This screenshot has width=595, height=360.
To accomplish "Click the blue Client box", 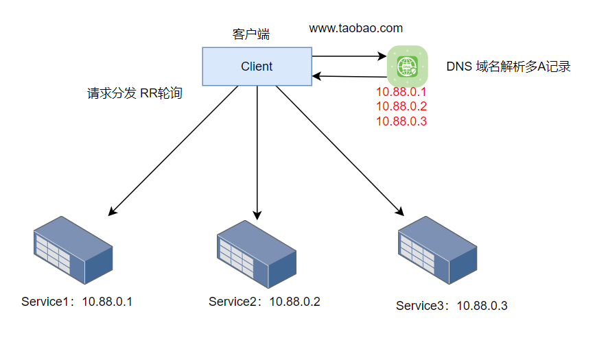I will [x=257, y=67].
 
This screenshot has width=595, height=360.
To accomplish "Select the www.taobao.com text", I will [x=355, y=28].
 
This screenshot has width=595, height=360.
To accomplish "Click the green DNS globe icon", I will [x=407, y=66].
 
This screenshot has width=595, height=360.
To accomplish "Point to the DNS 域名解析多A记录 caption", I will [x=509, y=67].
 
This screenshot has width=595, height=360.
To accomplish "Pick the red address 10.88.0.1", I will [x=401, y=92].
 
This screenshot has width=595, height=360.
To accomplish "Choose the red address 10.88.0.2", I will [x=401, y=106].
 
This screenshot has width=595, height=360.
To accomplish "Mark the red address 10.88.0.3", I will [x=401, y=121].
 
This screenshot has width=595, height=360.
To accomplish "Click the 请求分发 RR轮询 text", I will [x=135, y=94].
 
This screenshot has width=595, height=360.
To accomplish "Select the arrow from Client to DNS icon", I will [x=349, y=56].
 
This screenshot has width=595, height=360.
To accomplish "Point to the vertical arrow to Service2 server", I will [x=257, y=151].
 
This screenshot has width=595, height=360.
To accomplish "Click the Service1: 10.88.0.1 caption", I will [x=76, y=301].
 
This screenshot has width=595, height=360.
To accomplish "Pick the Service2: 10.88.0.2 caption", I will [x=264, y=301].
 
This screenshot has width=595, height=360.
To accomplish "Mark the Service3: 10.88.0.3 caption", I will [x=452, y=306].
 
